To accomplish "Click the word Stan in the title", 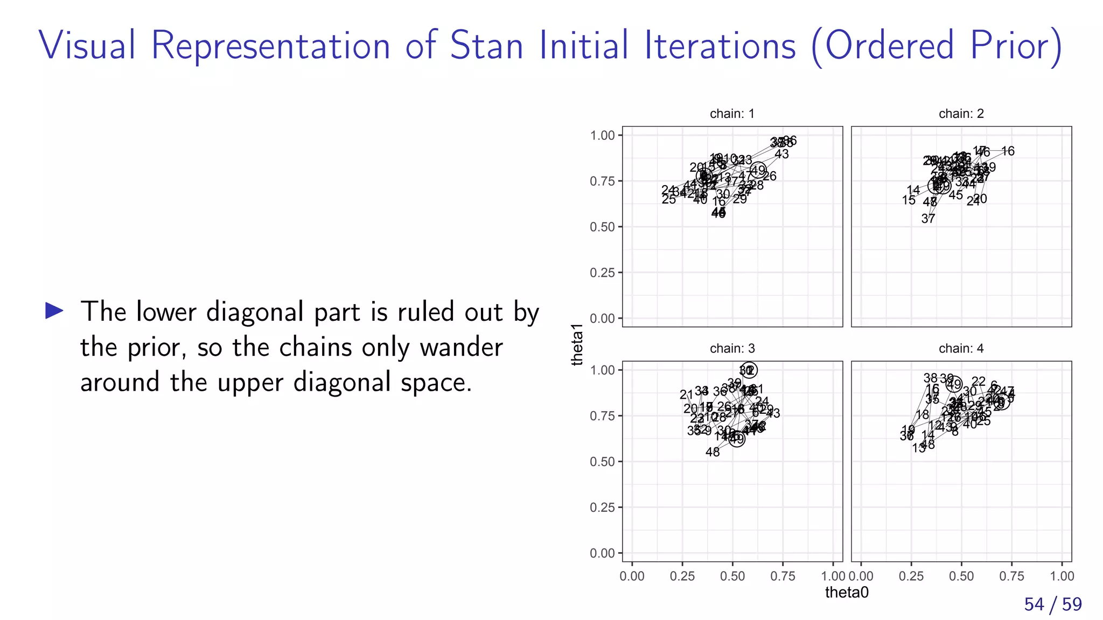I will click(486, 45).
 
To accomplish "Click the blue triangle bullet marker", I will click(54, 311).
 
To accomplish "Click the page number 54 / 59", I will click(1052, 604).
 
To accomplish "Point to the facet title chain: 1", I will click(732, 114).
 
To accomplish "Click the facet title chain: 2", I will click(961, 114).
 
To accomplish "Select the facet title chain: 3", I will click(732, 348).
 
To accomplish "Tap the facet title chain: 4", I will click(961, 348).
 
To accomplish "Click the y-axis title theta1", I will click(577, 345).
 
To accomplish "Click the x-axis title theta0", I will click(847, 593).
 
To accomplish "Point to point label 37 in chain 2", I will click(928, 219).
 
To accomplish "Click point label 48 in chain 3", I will click(713, 452).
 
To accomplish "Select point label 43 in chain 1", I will click(781, 154).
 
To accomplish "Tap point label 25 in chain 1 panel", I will click(668, 200).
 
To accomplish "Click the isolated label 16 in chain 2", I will click(1008, 151).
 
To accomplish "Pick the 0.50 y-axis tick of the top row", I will click(602, 227).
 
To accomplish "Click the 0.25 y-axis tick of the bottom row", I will click(602, 508).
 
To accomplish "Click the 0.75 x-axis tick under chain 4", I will click(1011, 576).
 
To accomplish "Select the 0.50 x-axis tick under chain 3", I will click(732, 576).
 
